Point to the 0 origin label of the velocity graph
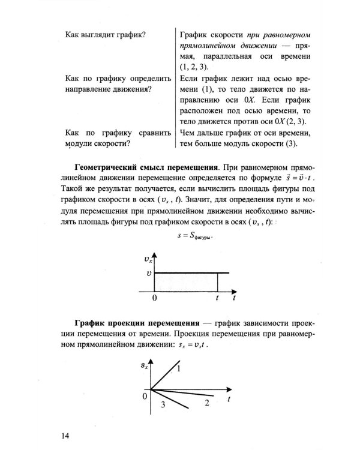pyautogui.click(x=154, y=298)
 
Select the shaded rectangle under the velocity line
pyautogui.click(x=186, y=282)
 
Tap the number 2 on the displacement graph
pyautogui.click(x=206, y=403)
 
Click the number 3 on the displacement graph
pyautogui.click(x=162, y=406)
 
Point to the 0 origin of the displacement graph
pyautogui.click(x=145, y=396)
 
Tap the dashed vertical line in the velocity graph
pyautogui.click(x=217, y=282)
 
